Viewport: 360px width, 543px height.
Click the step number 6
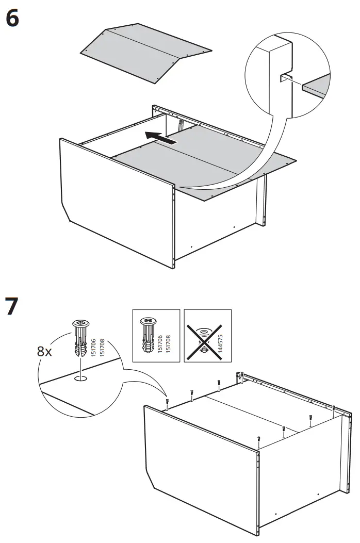tap(13, 19)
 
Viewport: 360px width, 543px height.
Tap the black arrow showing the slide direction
tap(160, 138)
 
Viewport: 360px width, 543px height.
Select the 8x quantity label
tap(45, 352)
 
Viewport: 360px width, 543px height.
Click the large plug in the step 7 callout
tap(80, 337)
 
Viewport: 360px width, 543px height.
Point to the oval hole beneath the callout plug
tap(80, 380)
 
